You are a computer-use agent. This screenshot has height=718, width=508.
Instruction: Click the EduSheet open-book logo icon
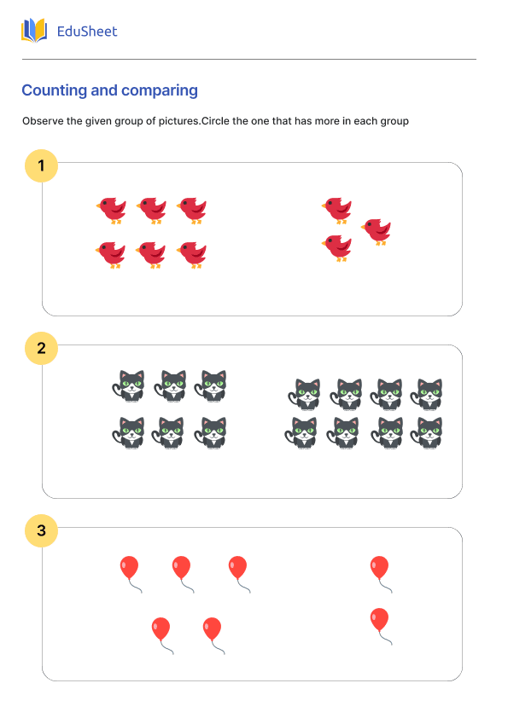pos(34,32)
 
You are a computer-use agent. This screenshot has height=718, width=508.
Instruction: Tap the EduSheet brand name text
pos(87,32)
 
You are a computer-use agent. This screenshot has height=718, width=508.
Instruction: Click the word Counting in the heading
pos(51,90)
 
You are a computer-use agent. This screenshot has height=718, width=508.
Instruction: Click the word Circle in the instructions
pos(216,121)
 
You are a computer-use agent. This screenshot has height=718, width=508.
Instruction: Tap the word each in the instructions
pos(364,121)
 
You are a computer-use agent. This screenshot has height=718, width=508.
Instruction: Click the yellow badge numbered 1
pos(41,165)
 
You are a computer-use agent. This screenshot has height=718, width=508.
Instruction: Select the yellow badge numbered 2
pos(41,348)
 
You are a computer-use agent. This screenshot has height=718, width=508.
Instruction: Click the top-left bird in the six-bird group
pos(111,209)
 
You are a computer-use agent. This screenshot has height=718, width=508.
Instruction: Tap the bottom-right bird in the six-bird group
pos(192,254)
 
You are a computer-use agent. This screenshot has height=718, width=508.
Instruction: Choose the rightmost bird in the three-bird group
pos(376,230)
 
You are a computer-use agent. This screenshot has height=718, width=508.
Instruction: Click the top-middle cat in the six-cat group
pos(172,385)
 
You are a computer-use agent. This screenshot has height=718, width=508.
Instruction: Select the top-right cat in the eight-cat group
pos(427,394)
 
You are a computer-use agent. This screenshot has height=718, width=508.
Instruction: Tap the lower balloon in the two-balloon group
pos(379,620)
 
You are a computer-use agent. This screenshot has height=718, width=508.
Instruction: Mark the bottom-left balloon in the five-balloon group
pos(161,629)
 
